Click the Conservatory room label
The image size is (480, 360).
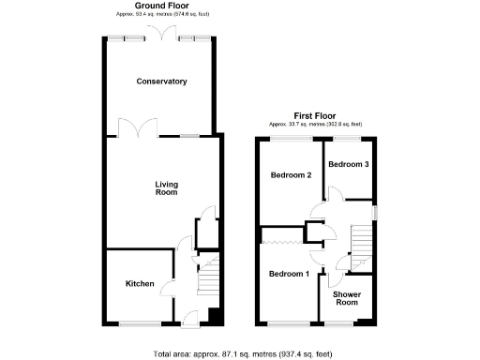coord(161,82)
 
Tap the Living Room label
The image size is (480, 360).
coord(166,188)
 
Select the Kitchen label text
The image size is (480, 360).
coord(141,284)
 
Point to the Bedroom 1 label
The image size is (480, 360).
coord(288,274)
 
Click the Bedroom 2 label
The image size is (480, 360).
coord(291,175)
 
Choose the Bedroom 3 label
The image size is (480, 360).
coord(348,164)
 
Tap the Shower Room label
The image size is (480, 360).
coord(348,298)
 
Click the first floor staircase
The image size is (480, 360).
coord(362,246)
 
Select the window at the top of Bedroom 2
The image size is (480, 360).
coord(292,139)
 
